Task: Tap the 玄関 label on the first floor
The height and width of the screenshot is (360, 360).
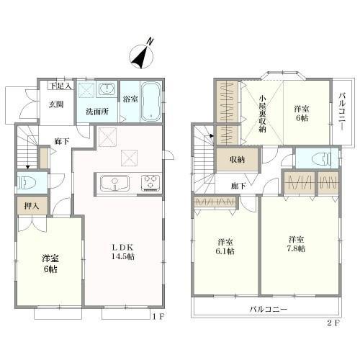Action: pos(56,104)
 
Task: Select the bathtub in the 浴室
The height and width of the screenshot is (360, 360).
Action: pos(150,102)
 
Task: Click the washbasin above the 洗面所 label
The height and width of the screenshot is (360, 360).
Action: pos(107,89)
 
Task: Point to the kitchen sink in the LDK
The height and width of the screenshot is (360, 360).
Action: pos(114,184)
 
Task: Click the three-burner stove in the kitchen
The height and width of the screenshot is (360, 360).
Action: pos(150,183)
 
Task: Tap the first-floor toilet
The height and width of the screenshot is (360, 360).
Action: pos(27,183)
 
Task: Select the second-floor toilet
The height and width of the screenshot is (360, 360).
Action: pos(322,158)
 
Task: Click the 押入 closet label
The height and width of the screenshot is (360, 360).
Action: pos(32,206)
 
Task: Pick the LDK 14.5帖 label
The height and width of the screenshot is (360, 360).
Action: pos(122,252)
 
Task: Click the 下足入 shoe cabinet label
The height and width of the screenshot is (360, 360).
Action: pos(61,86)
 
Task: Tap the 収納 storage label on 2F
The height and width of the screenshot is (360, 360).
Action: pos(237,160)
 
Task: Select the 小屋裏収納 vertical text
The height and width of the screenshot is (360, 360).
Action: pos(262,114)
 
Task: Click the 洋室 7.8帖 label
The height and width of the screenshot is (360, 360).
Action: pos(296,244)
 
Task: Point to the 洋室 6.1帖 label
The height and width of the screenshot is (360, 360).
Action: pos(225,246)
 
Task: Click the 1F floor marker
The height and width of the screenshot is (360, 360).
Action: pos(158,317)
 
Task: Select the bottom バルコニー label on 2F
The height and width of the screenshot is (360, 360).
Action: pos(269,309)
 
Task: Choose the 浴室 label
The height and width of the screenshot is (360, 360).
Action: pos(130,99)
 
